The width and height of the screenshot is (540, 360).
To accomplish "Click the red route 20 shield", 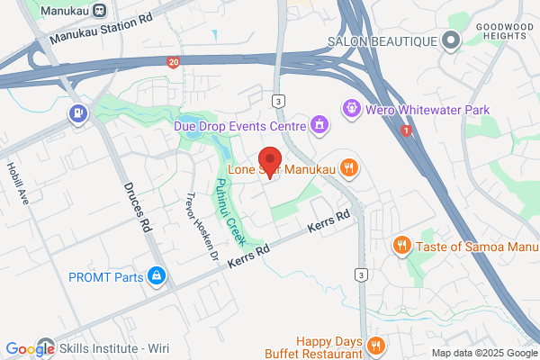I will (x=173, y=62).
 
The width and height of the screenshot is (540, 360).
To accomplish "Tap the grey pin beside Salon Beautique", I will (x=450, y=40).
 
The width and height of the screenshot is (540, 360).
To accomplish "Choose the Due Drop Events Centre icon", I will (x=318, y=124).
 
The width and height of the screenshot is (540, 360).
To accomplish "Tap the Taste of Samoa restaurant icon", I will (x=402, y=244).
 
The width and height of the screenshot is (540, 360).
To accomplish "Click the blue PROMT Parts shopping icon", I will (x=157, y=276).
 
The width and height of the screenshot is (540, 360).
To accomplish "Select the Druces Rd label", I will (x=136, y=206).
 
